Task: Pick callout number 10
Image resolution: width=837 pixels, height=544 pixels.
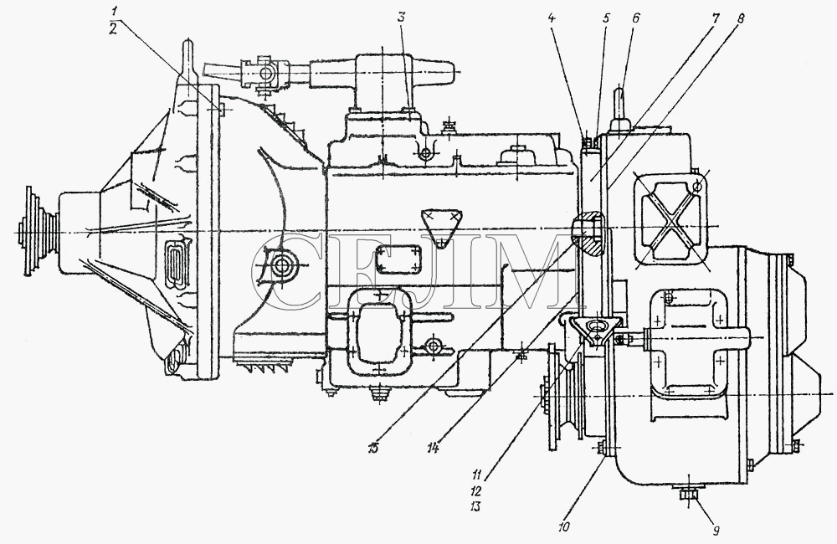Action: pos(564,526)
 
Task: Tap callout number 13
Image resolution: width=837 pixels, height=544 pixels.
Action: pos(475,506)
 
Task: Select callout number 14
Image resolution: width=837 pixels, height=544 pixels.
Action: pos(433,449)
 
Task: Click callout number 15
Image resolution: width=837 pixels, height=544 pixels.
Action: pos(372,448)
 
